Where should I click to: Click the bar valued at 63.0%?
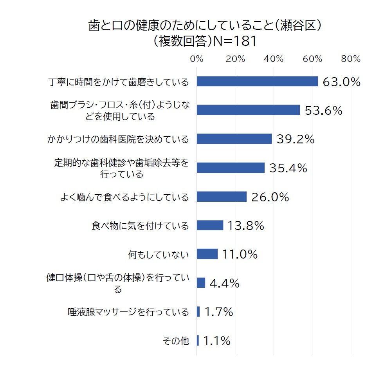[257, 81]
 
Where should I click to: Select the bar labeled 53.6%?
[248, 110]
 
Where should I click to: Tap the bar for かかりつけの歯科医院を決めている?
[234, 139]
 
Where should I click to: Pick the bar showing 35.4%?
[231, 168]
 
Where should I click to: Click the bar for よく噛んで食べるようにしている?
[222, 197]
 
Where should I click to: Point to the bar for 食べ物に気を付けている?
[210, 225]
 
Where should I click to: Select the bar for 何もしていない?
[207, 254]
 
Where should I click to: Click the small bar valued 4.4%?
[201, 283]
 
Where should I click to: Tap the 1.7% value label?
[219, 312]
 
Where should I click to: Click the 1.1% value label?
[217, 341]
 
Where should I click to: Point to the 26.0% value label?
[270, 197]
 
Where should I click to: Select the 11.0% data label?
[240, 254]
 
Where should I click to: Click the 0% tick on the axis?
[197, 59]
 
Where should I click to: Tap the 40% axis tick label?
[274, 59]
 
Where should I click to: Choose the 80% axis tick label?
[351, 59]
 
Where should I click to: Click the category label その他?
[176, 341]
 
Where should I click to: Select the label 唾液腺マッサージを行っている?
[128, 312]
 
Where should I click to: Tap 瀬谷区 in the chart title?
[298, 26]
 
